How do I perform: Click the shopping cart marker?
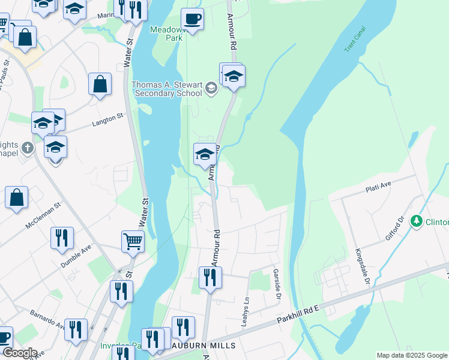click(133, 242)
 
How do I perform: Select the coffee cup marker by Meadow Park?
click(192, 19)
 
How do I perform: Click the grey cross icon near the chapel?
click(27, 147)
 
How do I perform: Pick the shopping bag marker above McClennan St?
click(16, 197)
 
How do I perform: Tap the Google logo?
click(20, 353)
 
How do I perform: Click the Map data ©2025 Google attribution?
click(411, 355)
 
